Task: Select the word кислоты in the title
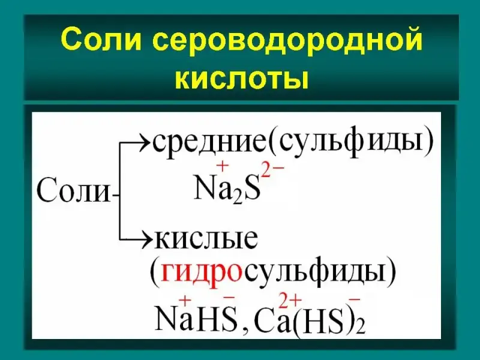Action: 242,79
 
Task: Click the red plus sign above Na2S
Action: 223,166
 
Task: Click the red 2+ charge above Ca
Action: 290,301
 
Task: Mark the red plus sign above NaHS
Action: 185,301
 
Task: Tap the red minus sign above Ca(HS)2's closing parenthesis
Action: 354,301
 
